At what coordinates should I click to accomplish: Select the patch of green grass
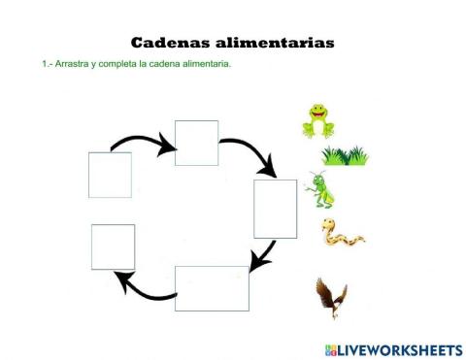pos(345,155)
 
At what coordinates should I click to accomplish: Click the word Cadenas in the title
pos(168,43)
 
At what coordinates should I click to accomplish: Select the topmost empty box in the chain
pos(196,143)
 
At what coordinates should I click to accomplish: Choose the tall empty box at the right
pos(275,209)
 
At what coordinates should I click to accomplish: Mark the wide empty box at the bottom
pos(212,288)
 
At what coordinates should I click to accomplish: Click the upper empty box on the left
pos(110,175)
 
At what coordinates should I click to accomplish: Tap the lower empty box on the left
pos(113,246)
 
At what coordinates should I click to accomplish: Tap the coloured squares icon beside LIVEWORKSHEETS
pos(330,348)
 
